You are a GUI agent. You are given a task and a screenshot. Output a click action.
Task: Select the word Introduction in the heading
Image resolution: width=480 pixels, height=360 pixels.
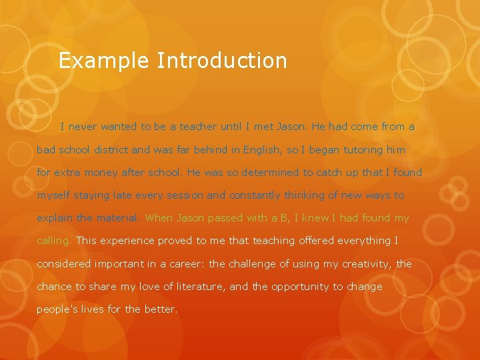pyautogui.click(x=222, y=61)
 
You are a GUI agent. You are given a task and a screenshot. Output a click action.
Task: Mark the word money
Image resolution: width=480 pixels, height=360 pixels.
pyautogui.click(x=100, y=173)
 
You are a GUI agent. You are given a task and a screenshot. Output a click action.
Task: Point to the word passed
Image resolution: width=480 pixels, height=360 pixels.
pyautogui.click(x=225, y=219)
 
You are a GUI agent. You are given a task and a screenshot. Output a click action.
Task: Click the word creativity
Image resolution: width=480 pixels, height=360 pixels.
pyautogui.click(x=365, y=264)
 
